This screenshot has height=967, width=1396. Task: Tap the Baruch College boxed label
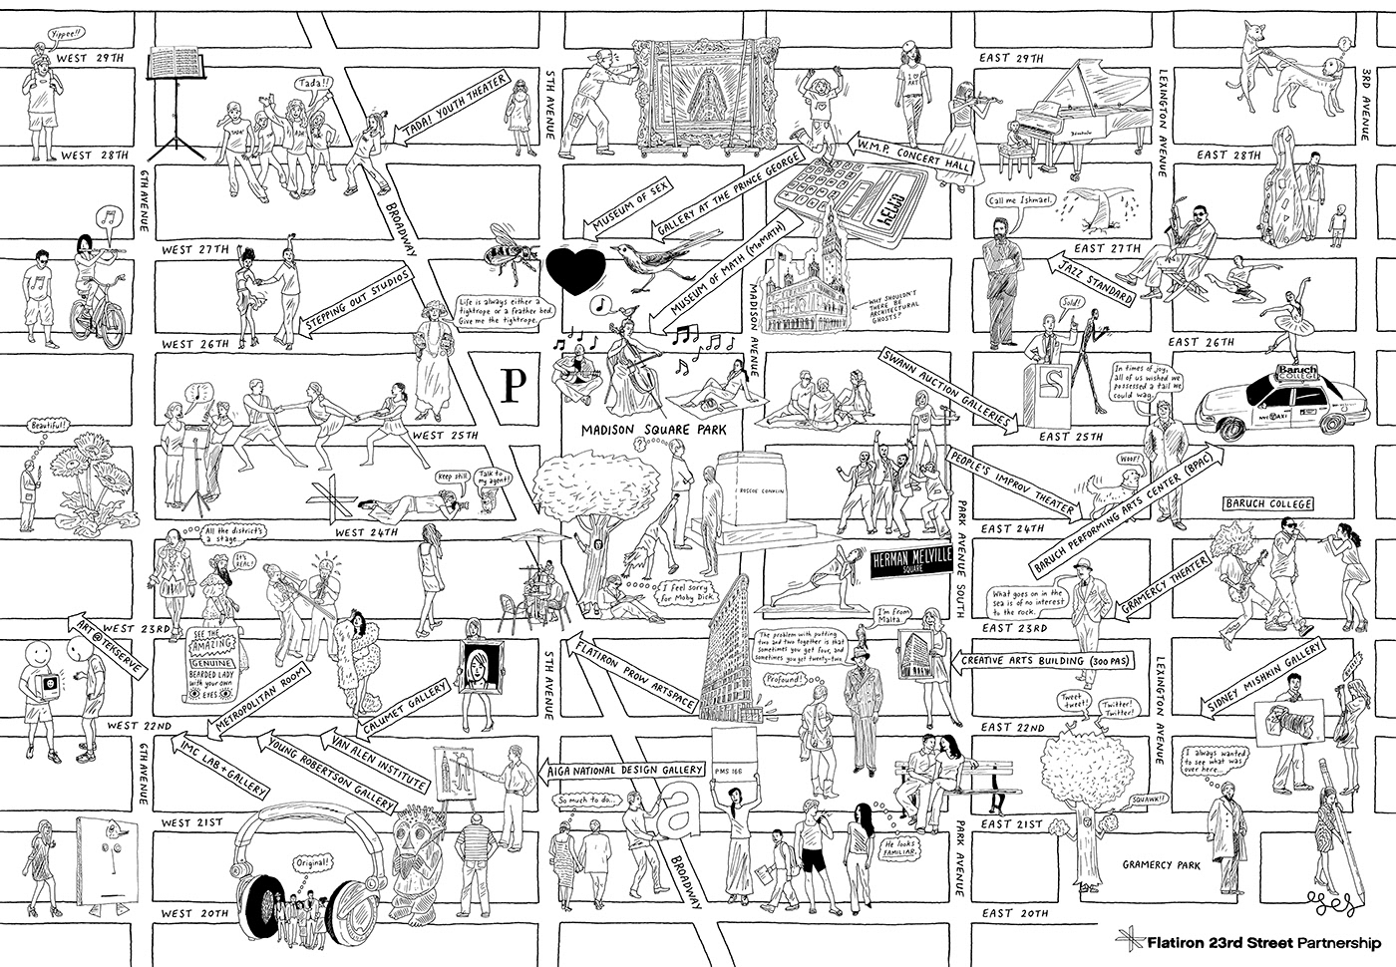click(1267, 503)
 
